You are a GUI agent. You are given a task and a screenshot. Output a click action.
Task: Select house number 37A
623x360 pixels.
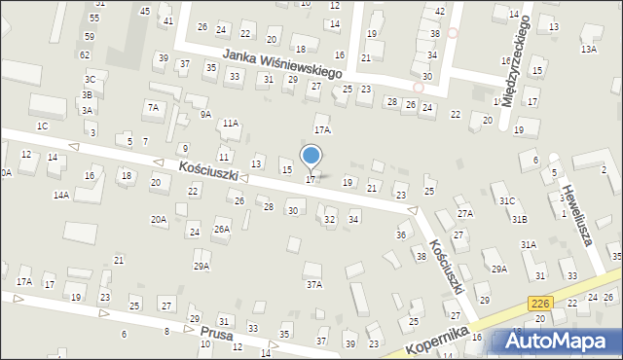coord(314,284)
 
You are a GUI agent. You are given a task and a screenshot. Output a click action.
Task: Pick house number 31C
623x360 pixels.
coord(507,200)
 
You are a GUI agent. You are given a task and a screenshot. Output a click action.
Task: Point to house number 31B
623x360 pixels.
coord(521,220)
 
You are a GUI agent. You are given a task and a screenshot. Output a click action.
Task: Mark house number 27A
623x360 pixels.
coord(465,213)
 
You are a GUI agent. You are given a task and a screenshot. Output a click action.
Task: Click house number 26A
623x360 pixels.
coord(222,230)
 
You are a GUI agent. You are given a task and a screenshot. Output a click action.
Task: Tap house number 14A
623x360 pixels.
coord(61,195)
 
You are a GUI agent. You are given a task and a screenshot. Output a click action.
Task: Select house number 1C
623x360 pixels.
coord(42,126)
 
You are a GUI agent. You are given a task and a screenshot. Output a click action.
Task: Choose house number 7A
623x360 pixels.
coord(153,107)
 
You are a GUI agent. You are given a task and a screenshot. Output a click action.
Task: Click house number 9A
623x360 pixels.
coord(205,114)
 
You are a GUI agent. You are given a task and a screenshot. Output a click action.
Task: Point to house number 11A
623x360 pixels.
coord(230,124)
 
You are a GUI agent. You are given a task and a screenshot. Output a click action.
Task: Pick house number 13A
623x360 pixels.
coord(588,49)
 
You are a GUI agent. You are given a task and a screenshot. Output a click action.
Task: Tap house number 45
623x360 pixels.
coord(145,11)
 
